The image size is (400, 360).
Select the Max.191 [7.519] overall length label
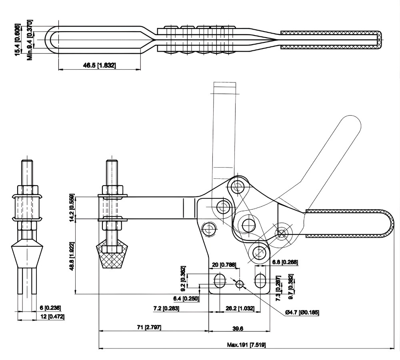(247, 345)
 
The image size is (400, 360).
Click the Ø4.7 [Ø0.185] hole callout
(302, 312)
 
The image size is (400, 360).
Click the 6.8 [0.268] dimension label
(284, 262)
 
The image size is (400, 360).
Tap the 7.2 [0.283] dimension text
(166, 308)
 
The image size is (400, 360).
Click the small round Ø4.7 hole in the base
(240, 284)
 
